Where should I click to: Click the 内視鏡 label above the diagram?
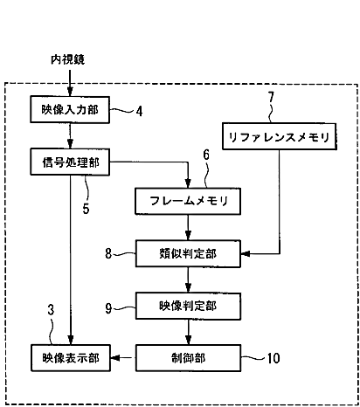[67, 59]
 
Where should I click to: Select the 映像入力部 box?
[70, 109]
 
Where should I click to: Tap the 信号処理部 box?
[70, 162]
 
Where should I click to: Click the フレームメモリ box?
[188, 201]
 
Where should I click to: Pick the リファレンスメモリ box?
[280, 136]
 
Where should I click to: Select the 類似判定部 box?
[188, 253]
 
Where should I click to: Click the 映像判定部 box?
[188, 306]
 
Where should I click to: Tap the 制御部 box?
[188, 358]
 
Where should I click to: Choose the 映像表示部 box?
[71, 358]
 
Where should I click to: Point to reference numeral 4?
[140, 111]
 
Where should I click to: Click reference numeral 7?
[271, 97]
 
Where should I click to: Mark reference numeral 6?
[206, 155]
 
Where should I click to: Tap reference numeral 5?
[86, 209]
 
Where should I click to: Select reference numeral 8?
[108, 253]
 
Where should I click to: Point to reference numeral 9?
[108, 308]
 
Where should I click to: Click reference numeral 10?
[273, 358]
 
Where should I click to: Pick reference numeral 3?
[51, 310]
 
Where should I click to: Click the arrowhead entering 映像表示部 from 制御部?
[115, 357]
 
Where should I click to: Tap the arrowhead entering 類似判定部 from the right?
[246, 253]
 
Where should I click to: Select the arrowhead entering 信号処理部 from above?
[70, 144]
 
